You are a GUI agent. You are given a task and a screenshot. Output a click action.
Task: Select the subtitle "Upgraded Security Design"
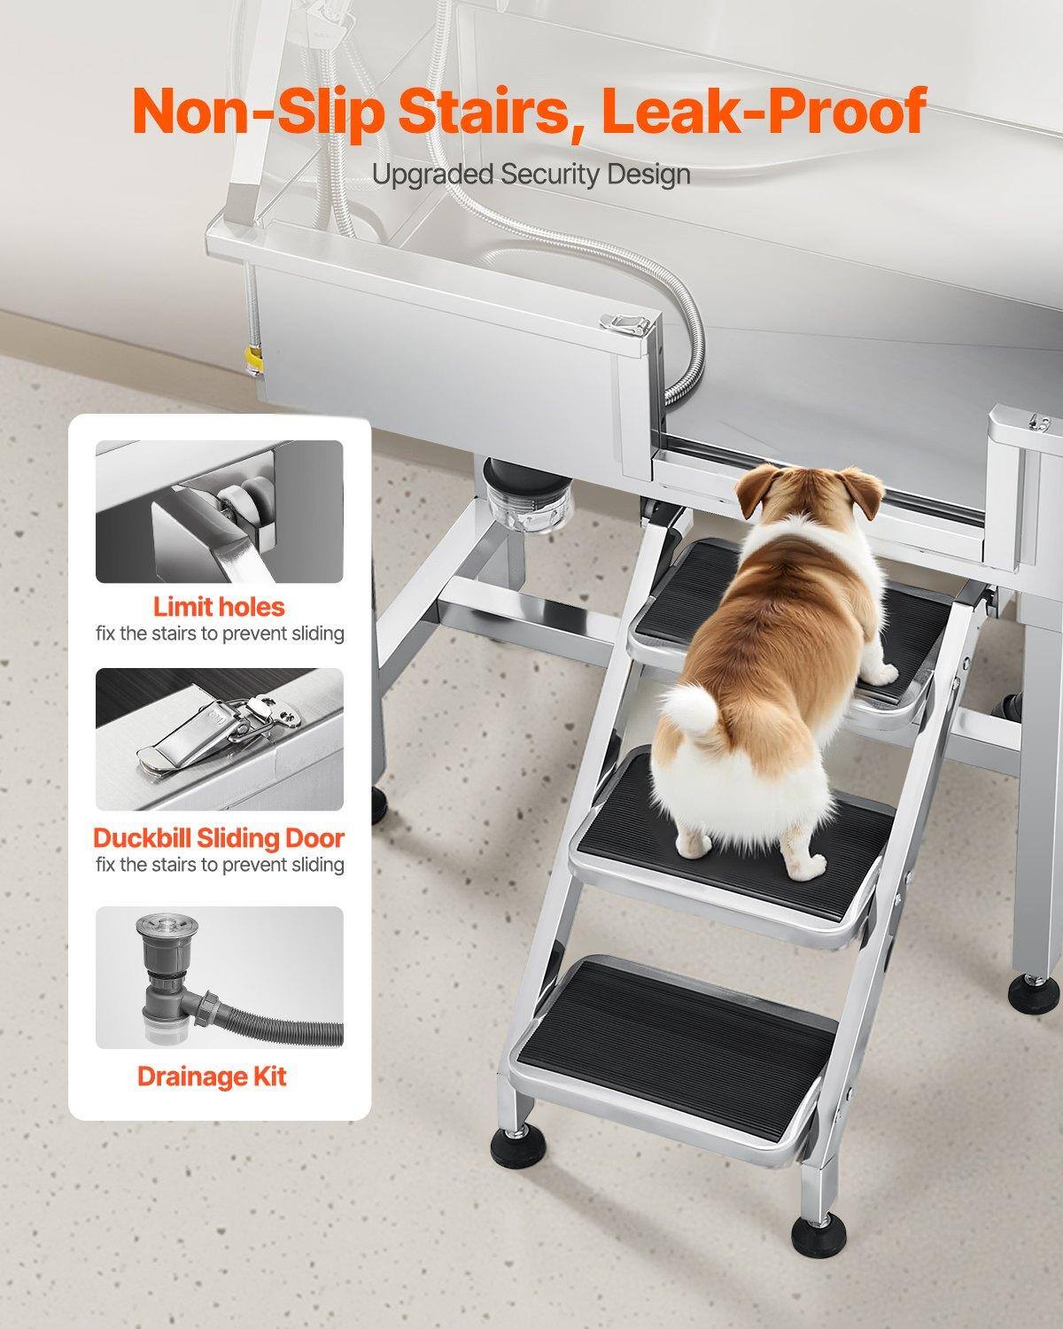coord(531,174)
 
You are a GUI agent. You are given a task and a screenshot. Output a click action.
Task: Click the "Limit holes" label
coord(219,607)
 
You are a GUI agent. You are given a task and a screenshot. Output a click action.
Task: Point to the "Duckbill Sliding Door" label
coord(219,837)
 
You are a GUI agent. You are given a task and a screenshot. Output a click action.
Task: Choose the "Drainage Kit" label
coord(212,1076)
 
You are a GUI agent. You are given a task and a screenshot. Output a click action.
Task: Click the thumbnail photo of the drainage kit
coord(219,977)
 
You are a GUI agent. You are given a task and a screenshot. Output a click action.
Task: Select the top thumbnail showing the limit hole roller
coord(219,511)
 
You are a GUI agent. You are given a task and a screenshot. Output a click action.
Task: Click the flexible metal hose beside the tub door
coord(687,354)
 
